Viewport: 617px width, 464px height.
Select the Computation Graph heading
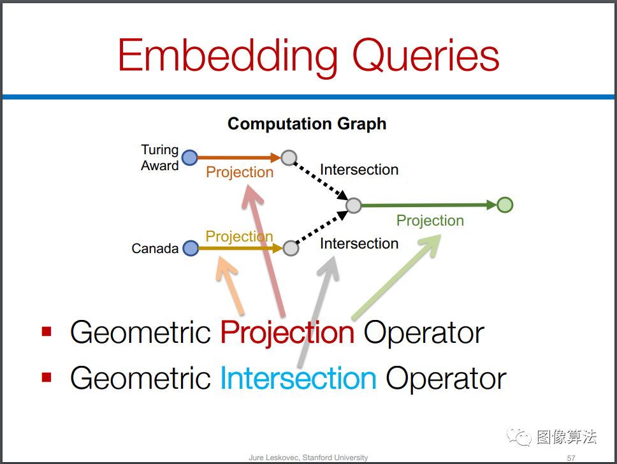tap(307, 124)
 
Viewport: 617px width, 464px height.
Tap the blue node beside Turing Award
tap(190, 158)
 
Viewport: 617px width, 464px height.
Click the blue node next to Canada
tap(191, 248)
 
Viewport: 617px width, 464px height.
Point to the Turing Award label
tap(160, 157)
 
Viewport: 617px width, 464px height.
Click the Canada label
tap(155, 249)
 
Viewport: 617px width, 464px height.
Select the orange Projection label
tap(240, 172)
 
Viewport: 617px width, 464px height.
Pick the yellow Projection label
tap(239, 236)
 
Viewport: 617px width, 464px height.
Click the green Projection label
tap(430, 221)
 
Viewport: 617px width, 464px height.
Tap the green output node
tap(505, 205)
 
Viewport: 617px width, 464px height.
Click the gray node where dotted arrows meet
tap(354, 205)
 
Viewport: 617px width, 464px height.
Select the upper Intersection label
tap(359, 170)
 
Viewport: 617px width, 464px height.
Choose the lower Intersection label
tap(359, 243)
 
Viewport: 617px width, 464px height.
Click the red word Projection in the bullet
tap(287, 333)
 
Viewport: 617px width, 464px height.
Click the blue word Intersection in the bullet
tap(298, 378)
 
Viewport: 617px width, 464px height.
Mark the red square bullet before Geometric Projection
tap(47, 331)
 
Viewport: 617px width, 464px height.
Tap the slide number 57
tap(571, 458)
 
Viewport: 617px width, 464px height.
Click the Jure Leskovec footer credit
tap(308, 458)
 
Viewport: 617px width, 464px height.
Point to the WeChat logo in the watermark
tap(519, 437)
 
